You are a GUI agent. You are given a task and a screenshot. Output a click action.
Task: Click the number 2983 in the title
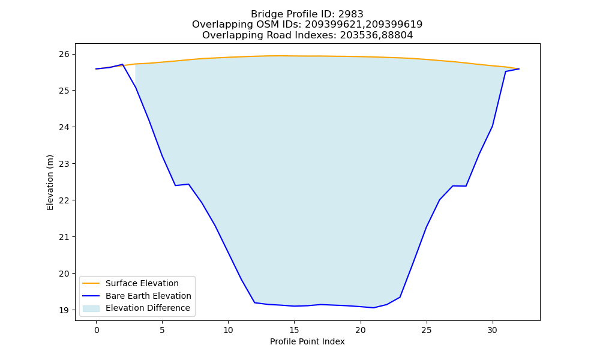(350, 14)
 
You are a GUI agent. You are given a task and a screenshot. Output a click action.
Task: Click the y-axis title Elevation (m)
(50, 182)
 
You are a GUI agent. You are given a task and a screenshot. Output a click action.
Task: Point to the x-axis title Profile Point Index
(307, 341)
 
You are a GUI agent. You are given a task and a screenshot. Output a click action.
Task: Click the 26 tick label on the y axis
(64, 54)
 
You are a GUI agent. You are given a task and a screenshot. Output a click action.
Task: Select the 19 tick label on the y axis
(64, 310)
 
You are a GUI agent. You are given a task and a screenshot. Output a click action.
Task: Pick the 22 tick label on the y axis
(64, 200)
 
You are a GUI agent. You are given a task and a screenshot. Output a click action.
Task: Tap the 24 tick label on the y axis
(64, 127)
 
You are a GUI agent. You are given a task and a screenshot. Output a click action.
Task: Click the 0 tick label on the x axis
(96, 330)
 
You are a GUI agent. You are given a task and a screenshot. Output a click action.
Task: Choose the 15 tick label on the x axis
(294, 330)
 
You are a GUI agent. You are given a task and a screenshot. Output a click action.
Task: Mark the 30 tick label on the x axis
(492, 330)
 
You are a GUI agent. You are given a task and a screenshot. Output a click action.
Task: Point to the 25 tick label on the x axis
(426, 330)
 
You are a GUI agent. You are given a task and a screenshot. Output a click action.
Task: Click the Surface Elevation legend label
(142, 283)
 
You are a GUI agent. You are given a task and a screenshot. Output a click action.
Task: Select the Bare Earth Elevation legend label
(148, 296)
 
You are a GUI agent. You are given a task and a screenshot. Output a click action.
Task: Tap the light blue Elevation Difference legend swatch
(91, 308)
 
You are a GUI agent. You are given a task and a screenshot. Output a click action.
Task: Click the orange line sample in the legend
(91, 283)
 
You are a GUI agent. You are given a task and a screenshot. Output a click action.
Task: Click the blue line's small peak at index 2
(122, 64)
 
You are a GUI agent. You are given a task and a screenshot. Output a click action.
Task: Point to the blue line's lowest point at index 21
(373, 308)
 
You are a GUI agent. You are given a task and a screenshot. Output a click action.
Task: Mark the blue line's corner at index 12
(254, 302)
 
